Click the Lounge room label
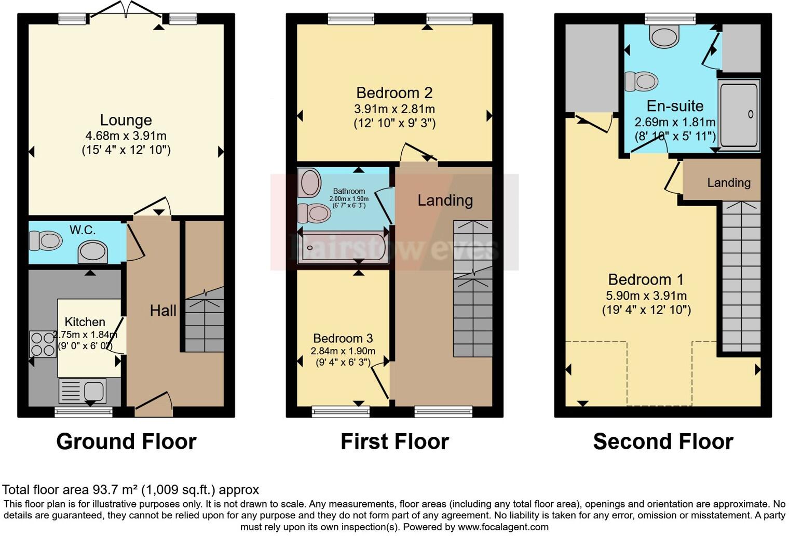coord(126,120)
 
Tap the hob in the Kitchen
coord(42,344)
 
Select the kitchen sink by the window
coord(83,391)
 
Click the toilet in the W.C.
coord(45,241)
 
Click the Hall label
coord(163,311)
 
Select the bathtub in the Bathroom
coord(343,248)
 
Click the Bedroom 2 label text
coord(394,93)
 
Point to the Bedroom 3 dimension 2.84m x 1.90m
coord(343,351)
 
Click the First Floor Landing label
coord(445,200)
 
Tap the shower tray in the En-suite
coord(739,114)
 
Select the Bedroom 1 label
coord(646,279)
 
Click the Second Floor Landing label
coord(728,183)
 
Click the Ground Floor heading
coord(126,441)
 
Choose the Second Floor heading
coord(663,441)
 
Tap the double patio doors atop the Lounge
coord(126,11)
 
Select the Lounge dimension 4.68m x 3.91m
coord(126,136)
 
